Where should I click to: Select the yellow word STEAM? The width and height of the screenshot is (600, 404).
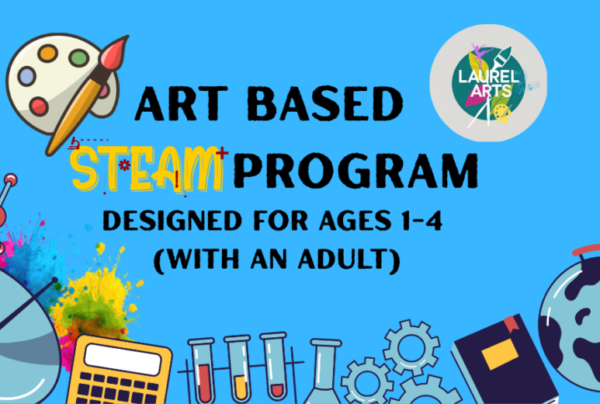(x=147, y=169)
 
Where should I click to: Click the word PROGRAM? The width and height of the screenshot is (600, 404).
(x=355, y=171)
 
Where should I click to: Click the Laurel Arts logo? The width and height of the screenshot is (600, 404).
(x=488, y=83)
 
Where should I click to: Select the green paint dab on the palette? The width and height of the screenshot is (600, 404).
(x=79, y=57)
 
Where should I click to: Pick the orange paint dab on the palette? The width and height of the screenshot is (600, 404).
(x=48, y=54)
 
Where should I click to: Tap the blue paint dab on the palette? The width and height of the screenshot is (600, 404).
(x=27, y=76)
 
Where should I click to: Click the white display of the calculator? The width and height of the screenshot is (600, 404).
(x=123, y=359)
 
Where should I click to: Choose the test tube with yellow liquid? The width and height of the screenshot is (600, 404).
(x=240, y=371)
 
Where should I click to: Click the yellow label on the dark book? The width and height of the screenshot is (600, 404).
(x=500, y=354)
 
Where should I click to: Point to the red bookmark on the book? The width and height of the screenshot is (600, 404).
(x=512, y=324)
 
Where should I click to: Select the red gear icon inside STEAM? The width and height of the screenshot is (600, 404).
(x=124, y=165)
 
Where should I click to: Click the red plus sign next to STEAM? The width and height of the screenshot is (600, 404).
(x=222, y=153)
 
